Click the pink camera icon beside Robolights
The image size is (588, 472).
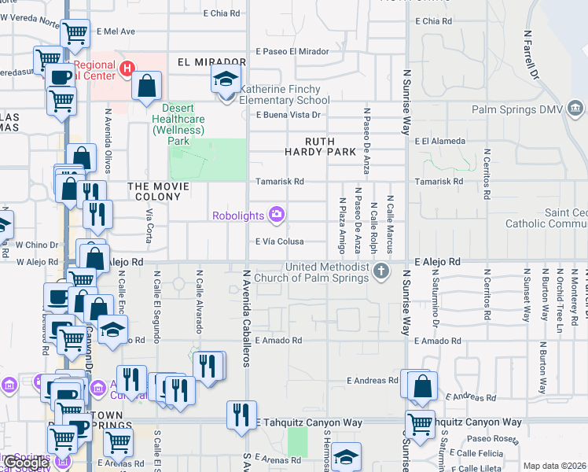[276, 214]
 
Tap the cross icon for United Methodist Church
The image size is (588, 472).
[381, 271]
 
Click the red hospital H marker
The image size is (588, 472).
[127, 70]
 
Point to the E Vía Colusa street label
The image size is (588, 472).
[279, 242]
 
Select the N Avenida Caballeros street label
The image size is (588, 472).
[246, 318]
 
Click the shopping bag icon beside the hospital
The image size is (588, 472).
[147, 86]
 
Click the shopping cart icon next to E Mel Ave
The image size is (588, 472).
[75, 34]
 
